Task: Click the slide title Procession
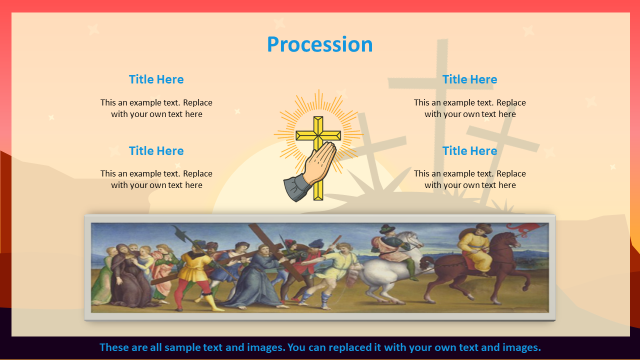(x=319, y=44)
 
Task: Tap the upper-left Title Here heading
(x=156, y=79)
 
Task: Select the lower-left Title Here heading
(x=156, y=151)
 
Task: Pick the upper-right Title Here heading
(x=469, y=79)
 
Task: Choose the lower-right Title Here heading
(x=469, y=151)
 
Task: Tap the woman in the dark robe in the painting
(x=127, y=274)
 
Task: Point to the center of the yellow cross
(x=318, y=135)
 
